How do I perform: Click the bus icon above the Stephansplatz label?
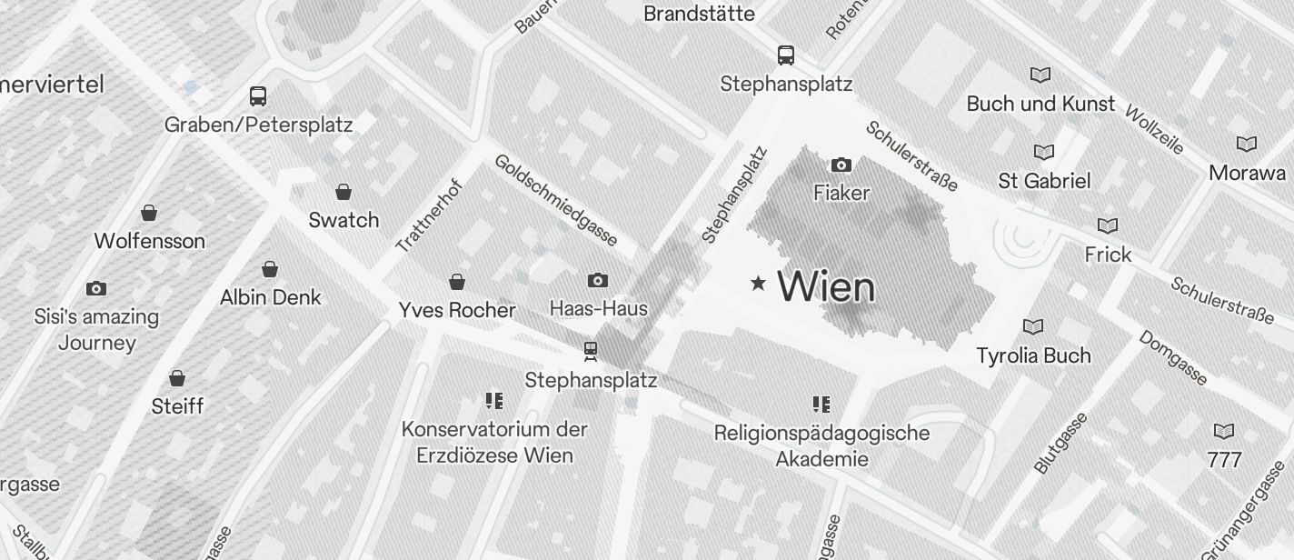786,55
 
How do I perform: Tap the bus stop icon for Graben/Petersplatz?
258,95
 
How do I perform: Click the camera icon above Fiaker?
841,165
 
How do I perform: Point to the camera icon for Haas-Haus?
598,280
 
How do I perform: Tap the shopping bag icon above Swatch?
343,192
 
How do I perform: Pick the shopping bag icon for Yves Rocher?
457,282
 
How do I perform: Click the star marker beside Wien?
758,284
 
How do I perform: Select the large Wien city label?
827,287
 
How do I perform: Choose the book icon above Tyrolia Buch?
1033,326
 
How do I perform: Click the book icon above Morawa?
1247,144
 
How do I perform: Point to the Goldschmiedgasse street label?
556,200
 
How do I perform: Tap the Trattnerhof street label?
430,215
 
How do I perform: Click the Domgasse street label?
1173,357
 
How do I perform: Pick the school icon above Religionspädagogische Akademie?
821,405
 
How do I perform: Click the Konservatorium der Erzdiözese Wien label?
494,442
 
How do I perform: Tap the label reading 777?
1224,460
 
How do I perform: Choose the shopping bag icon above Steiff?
177,377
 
